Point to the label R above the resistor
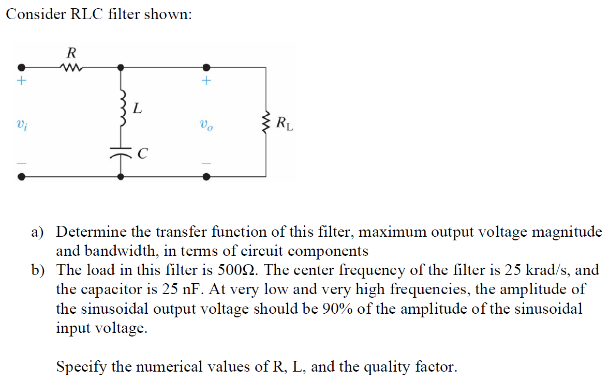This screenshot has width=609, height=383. tap(71, 52)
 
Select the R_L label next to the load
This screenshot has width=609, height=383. tap(284, 124)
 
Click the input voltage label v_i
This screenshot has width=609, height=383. tap(20, 124)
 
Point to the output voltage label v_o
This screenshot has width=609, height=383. tap(205, 125)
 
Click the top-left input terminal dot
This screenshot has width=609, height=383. tap(21, 67)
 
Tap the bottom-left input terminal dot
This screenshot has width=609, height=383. tap(21, 176)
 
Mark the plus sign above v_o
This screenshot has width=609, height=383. tap(206, 81)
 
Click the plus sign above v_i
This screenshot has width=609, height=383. tap(21, 81)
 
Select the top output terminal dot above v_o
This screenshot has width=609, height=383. tap(206, 67)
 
